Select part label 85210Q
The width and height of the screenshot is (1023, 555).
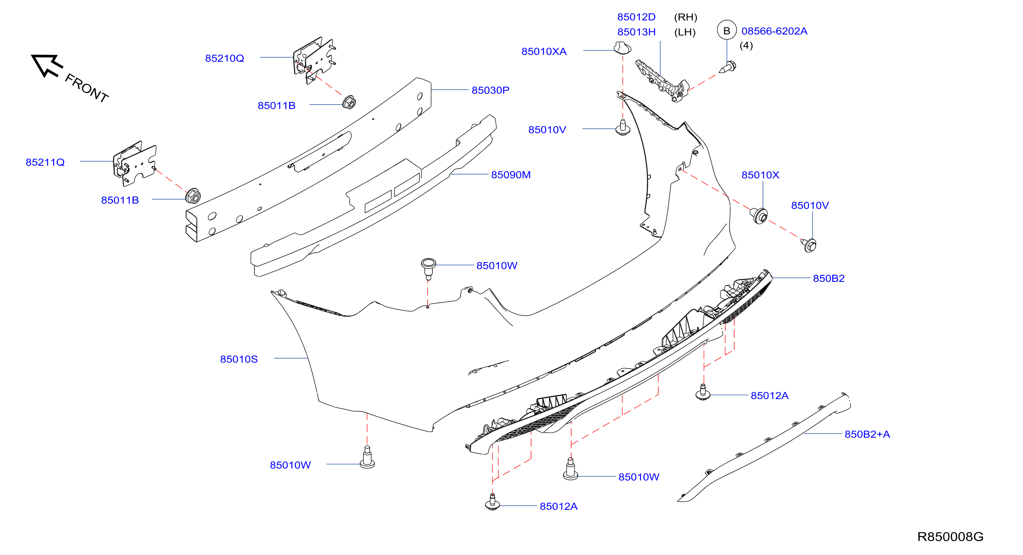(224, 58)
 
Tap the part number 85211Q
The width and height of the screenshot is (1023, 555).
(45, 162)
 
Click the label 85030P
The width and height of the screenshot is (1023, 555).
(490, 91)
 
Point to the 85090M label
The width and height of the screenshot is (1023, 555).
(511, 175)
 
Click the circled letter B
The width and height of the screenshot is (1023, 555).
(727, 31)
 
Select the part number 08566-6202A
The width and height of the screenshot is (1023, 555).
(774, 31)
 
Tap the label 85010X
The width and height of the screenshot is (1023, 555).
(760, 175)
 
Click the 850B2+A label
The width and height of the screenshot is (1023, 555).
(867, 434)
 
